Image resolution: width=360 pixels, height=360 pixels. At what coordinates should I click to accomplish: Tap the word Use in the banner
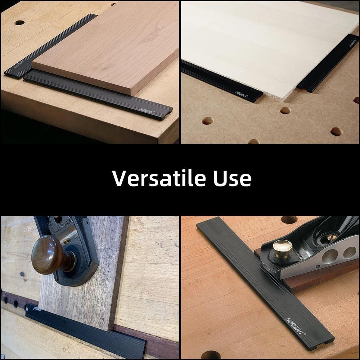[232, 178]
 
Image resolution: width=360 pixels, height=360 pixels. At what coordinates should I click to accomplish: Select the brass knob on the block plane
[282, 248]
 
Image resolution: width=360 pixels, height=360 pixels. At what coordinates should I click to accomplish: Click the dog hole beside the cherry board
[19, 23]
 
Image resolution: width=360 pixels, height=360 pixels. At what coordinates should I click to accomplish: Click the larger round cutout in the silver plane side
[329, 256]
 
